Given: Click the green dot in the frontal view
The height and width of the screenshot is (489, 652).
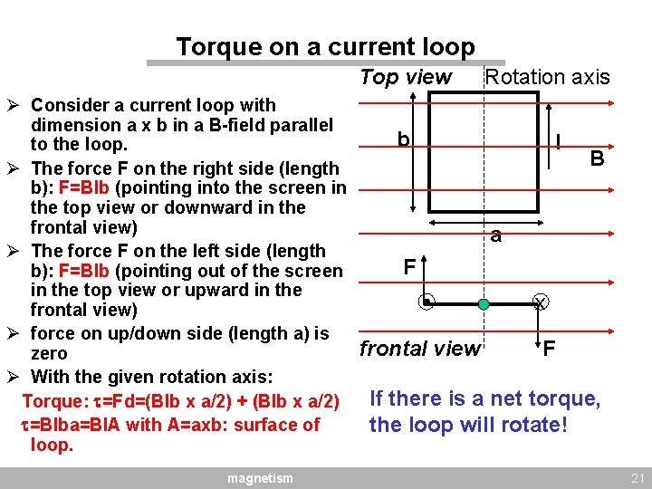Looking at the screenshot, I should [484, 304].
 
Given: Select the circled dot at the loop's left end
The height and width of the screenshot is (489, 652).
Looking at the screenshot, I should [427, 303].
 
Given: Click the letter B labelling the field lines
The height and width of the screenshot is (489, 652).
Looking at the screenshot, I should [597, 159].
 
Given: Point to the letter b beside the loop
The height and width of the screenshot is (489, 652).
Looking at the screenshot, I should [403, 139].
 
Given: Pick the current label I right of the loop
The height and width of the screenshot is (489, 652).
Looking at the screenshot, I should [562, 142].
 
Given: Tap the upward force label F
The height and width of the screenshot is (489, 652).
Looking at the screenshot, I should [409, 267].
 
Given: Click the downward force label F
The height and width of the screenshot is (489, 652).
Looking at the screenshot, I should [549, 348].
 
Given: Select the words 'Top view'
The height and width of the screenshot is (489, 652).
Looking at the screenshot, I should [405, 77].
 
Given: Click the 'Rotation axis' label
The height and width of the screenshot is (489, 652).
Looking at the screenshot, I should [547, 77].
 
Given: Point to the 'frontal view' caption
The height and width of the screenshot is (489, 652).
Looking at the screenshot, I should [419, 349].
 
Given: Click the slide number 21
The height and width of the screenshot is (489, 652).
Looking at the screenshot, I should [635, 477].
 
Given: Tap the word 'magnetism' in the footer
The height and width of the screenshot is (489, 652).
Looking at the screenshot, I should [260, 477].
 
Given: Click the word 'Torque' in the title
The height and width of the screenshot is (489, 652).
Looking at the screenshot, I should [218, 47].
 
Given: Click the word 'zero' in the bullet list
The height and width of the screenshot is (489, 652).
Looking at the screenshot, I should [49, 354].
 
